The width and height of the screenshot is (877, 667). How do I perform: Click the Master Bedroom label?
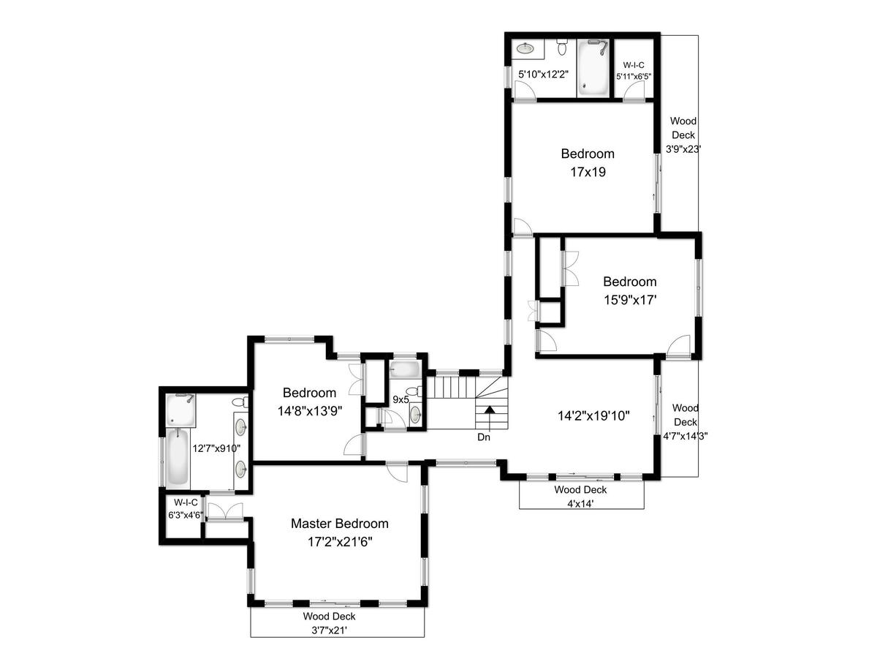pyautogui.click(x=339, y=523)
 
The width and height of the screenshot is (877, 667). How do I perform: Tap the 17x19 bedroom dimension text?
pyautogui.click(x=588, y=172)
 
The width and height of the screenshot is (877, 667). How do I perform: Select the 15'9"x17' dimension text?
pyautogui.click(x=630, y=300)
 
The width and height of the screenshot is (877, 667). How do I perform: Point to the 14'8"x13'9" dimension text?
pyautogui.click(x=310, y=411)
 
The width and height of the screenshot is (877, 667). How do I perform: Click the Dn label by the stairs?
pyautogui.click(x=484, y=437)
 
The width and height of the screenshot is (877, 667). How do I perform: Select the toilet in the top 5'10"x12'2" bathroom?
pyautogui.click(x=562, y=47)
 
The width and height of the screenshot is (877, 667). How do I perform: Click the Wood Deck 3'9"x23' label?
pyautogui.click(x=683, y=135)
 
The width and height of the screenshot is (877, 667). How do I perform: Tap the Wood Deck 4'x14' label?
pyautogui.click(x=580, y=497)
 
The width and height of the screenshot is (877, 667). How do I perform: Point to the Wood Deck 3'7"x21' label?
pyautogui.click(x=329, y=623)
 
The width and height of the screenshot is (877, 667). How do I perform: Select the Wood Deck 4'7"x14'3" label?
pyautogui.click(x=686, y=422)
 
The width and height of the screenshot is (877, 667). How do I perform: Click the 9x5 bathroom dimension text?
pyautogui.click(x=400, y=399)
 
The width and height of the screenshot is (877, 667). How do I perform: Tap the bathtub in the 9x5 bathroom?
pyautogui.click(x=405, y=369)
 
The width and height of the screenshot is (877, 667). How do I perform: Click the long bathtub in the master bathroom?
pyautogui.click(x=178, y=457)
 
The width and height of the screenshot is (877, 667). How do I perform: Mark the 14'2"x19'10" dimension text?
pyautogui.click(x=593, y=416)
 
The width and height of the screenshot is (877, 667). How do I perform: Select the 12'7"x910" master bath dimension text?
pyautogui.click(x=216, y=448)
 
